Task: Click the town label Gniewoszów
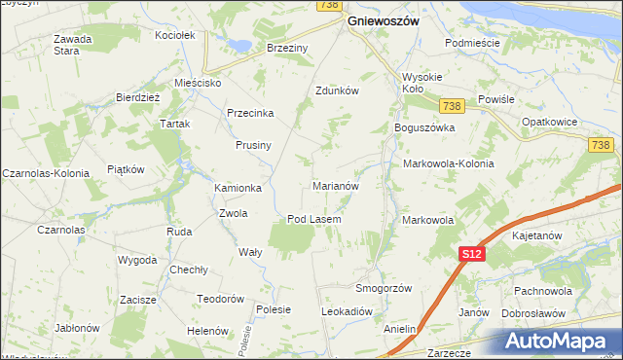(x=384, y=19)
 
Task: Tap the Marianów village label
(x=336, y=185)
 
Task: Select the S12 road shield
(x=471, y=253)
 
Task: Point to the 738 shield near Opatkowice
(x=600, y=145)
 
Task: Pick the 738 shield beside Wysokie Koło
(x=450, y=106)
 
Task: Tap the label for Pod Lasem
(x=313, y=219)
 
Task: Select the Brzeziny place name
(x=287, y=47)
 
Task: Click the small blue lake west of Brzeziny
(x=237, y=44)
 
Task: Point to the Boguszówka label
(x=424, y=127)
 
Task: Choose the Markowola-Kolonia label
(x=448, y=163)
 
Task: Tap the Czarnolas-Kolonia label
(x=46, y=172)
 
